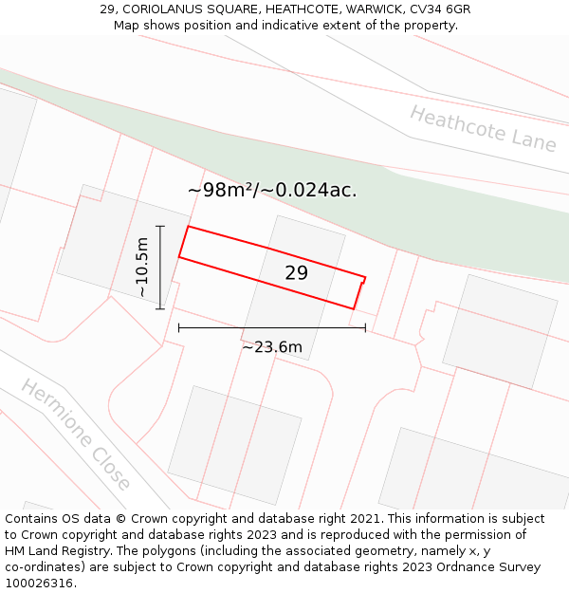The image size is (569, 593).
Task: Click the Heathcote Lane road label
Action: (x=483, y=128)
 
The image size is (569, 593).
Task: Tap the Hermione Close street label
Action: (x=76, y=435)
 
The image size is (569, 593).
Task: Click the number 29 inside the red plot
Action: (x=296, y=273)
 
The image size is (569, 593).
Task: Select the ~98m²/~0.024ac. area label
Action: (x=272, y=190)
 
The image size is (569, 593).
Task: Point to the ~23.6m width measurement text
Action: (x=272, y=347)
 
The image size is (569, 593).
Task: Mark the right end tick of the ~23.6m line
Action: (x=365, y=328)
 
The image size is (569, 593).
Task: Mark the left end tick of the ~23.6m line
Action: (x=179, y=328)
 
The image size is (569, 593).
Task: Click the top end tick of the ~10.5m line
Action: (x=160, y=227)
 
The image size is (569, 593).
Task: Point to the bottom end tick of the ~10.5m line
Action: (x=160, y=308)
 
